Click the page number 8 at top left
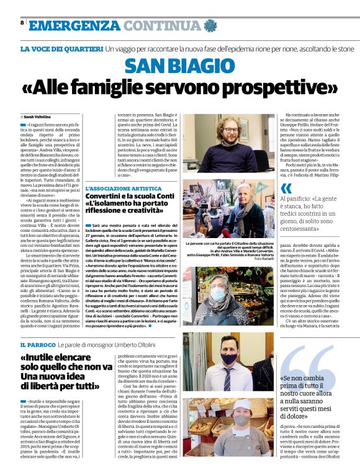point(22,22)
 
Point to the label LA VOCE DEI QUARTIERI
point(61,49)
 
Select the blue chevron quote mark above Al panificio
point(286,189)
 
